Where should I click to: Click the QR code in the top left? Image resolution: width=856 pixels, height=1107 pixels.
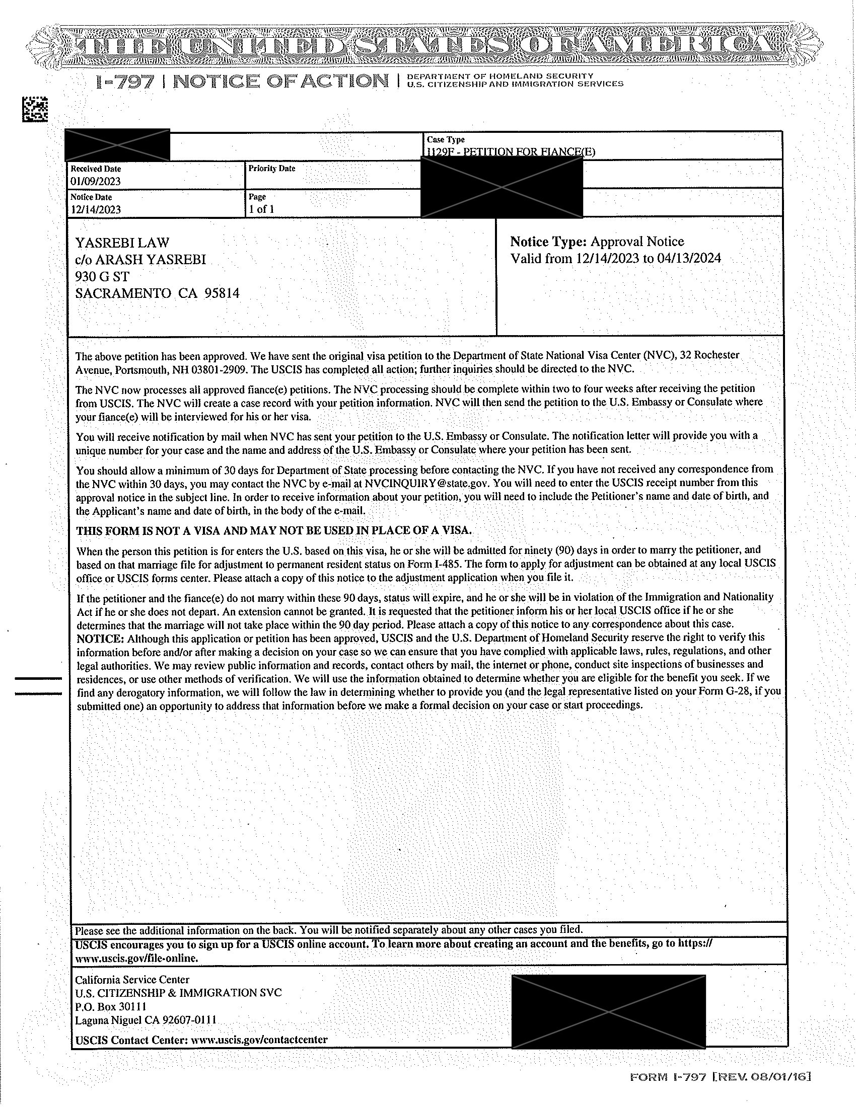(x=35, y=109)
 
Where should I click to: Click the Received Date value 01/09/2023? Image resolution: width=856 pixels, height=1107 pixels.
(x=95, y=181)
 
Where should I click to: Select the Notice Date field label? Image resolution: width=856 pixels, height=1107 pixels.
(x=91, y=197)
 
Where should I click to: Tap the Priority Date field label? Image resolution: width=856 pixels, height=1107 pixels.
(x=271, y=168)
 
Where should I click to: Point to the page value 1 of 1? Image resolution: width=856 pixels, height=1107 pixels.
(x=262, y=209)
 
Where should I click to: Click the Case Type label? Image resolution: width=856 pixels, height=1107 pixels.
(x=445, y=139)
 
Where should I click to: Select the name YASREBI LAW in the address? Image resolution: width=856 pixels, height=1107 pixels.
(x=122, y=243)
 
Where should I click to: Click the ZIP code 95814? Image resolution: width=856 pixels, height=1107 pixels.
(x=221, y=293)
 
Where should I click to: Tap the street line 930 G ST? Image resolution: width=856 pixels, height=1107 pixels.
(x=102, y=276)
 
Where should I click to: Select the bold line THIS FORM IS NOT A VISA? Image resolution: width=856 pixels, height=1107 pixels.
(x=274, y=531)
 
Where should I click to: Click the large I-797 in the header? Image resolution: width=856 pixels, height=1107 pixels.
(x=126, y=82)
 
